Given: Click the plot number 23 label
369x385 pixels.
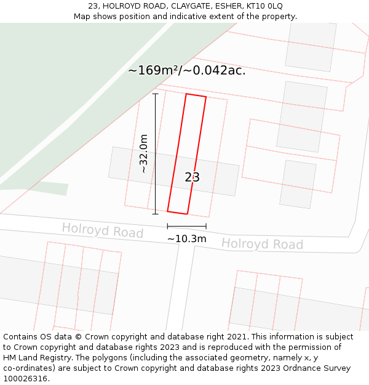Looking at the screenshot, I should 192,177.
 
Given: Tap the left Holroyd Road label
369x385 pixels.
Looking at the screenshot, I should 102,231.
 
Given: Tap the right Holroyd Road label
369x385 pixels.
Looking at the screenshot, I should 262,244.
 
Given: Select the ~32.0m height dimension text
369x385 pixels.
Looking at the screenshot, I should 144,153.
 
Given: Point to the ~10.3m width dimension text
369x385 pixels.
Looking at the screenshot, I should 186,238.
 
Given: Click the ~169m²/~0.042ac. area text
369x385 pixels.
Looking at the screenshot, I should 186,70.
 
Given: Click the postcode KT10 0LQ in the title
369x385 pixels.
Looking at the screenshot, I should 263,6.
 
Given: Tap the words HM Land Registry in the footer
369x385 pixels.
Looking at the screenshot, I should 34,358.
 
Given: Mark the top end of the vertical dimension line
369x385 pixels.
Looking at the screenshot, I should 155,94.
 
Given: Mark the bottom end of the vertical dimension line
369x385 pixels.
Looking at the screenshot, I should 155,214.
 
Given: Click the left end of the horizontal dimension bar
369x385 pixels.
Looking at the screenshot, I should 167,227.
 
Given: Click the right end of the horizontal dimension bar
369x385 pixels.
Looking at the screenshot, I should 206,227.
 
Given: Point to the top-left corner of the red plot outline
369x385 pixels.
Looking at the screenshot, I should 186,94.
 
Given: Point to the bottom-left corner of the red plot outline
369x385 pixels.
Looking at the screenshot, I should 168,211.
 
